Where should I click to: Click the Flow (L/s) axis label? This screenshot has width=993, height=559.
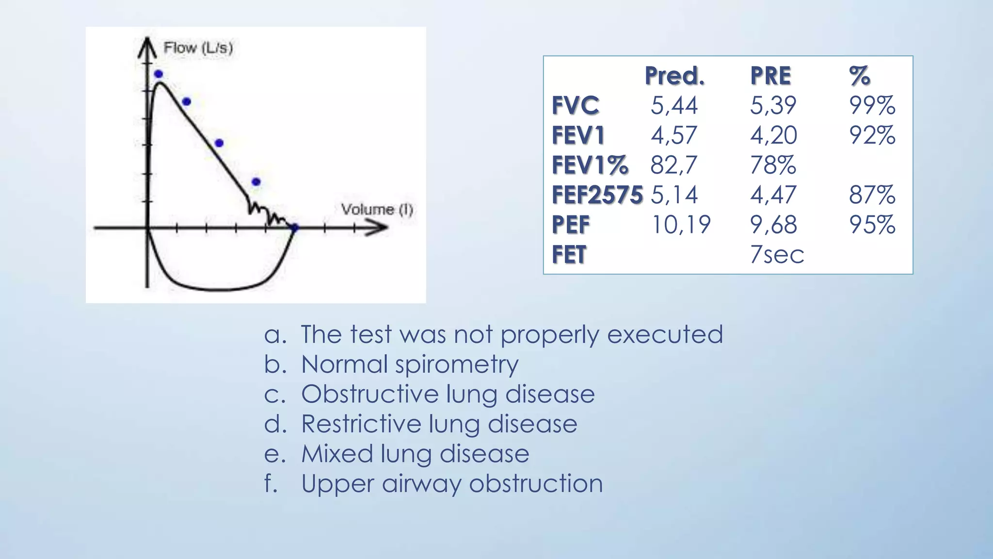pos(198,48)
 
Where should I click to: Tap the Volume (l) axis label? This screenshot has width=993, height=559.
pos(377,210)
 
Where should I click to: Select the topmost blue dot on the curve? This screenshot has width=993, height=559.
pos(159,74)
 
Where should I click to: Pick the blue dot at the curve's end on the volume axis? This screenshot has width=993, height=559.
pos(294,227)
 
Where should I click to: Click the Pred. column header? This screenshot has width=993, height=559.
pos(674,76)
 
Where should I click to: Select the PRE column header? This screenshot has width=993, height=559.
pos(770,76)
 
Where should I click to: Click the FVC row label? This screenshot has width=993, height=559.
pos(576,105)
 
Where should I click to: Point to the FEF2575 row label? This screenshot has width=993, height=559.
pos(597,195)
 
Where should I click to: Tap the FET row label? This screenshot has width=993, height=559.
pos(569,255)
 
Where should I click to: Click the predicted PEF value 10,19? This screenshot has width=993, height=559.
pos(681,225)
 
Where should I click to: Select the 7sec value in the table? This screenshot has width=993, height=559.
pos(777,255)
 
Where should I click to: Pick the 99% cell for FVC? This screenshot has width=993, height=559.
pos(872,105)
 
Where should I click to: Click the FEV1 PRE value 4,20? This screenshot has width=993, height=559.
pos(773,135)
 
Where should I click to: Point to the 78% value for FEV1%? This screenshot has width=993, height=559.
pos(773,165)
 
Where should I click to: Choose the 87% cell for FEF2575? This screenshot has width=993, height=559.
pos(872,195)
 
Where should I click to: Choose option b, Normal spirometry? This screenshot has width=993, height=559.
pos(410,364)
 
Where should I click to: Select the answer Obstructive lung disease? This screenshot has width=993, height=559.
pos(448,394)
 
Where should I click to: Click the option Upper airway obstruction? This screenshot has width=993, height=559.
pos(452,484)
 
